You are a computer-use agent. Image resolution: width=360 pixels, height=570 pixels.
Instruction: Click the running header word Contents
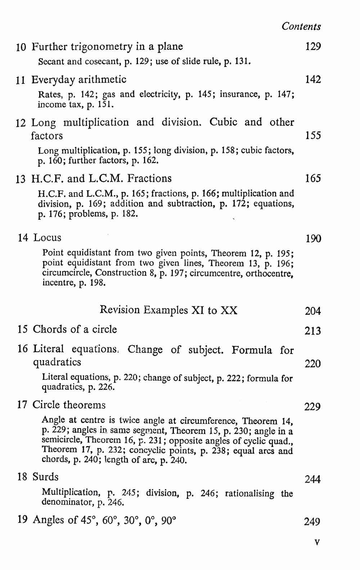point(301,26)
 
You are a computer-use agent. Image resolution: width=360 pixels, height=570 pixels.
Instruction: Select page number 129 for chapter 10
point(312,46)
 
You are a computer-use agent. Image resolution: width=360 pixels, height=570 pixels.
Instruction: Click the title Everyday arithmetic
point(79,80)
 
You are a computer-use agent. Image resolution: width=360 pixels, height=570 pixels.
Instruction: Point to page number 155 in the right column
point(312,136)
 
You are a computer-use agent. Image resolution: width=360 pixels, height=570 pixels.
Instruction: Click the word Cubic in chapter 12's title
point(223,122)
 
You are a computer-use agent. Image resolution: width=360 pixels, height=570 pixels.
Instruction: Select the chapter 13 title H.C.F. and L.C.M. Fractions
point(102,179)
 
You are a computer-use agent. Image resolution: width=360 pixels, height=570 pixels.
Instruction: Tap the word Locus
point(47,238)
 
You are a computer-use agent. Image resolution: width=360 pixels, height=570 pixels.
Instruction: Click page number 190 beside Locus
point(313,239)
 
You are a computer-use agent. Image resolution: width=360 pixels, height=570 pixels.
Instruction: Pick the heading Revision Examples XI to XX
point(168,310)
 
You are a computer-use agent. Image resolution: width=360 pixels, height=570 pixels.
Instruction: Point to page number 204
point(312,311)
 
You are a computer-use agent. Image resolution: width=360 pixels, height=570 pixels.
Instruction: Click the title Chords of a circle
point(75,329)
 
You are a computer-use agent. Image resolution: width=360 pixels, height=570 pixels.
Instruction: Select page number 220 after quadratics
point(312,364)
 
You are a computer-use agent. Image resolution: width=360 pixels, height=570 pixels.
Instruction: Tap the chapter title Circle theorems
point(69,405)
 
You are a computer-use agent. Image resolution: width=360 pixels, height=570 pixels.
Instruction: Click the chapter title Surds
point(45,477)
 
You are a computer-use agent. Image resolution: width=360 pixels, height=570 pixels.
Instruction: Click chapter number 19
point(22,520)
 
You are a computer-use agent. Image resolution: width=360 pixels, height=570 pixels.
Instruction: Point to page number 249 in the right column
point(312,522)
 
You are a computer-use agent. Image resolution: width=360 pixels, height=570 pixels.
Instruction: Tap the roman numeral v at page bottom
point(317,543)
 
